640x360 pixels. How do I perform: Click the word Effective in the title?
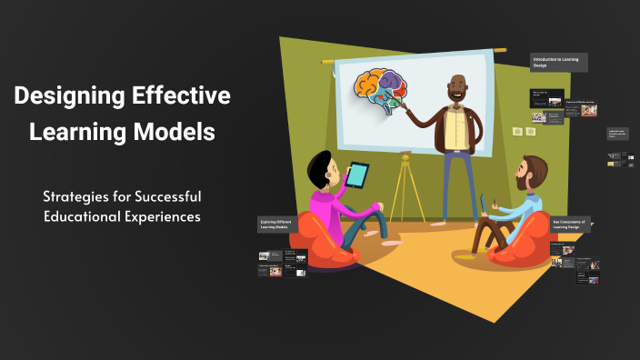point(181,95)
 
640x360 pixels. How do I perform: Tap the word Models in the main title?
point(172,132)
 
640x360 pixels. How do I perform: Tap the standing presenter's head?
point(457,89)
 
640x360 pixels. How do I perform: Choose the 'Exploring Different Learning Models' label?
point(283,225)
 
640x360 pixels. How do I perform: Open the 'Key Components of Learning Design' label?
point(571,225)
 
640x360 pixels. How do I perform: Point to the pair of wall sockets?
point(523,132)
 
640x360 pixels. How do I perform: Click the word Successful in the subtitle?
point(161,195)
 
